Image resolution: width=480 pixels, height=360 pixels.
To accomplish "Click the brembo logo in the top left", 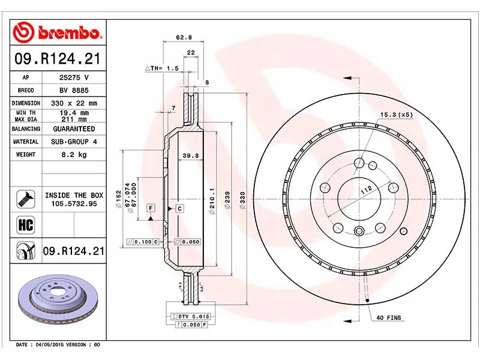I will coord(59,32).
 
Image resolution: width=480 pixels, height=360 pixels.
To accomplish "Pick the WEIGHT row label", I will coord(26,155).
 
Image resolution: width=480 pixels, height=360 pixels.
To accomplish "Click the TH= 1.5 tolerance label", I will coord(162,69).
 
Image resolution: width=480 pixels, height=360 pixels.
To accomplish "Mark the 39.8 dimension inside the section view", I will coord(190,156).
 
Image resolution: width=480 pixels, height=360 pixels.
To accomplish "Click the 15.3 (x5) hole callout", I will coord(394,114).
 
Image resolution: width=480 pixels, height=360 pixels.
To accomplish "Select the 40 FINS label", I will coord(389,317).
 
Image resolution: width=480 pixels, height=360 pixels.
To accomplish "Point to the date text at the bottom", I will coord(58,345).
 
